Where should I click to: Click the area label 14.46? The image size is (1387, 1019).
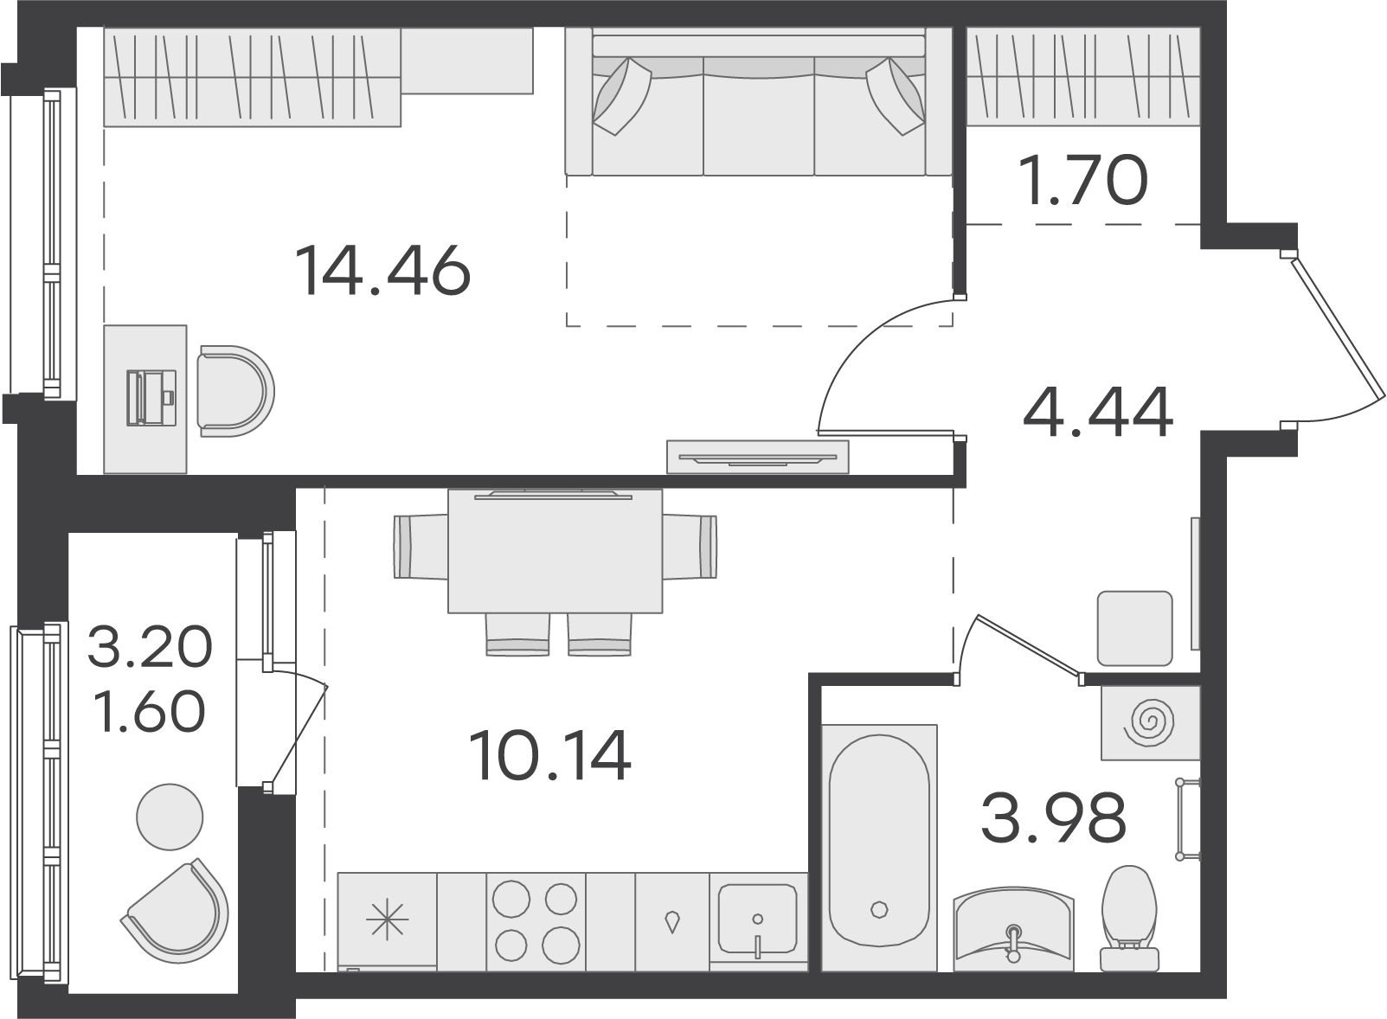pyautogui.click(x=383, y=270)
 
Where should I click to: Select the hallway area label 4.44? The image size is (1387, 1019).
pyautogui.click(x=1098, y=412)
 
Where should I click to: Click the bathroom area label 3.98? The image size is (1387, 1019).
pyautogui.click(x=1053, y=817)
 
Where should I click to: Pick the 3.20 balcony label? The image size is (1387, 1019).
pyautogui.click(x=150, y=646)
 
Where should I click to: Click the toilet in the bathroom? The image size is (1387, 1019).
pyautogui.click(x=1129, y=918)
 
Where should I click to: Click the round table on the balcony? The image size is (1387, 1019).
pyautogui.click(x=170, y=817)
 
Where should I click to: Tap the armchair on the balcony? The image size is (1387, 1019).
pyautogui.click(x=177, y=911)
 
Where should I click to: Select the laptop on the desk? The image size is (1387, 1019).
pyautogui.click(x=151, y=397)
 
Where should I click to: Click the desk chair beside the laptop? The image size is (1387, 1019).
pyautogui.click(x=235, y=391)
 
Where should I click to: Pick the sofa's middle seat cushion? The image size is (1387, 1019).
pyautogui.click(x=759, y=117)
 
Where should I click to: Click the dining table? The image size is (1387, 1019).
pyautogui.click(x=555, y=551)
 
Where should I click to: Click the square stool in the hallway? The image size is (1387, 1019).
pyautogui.click(x=1135, y=628)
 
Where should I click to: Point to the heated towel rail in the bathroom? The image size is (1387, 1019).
pyautogui.click(x=1188, y=820)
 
